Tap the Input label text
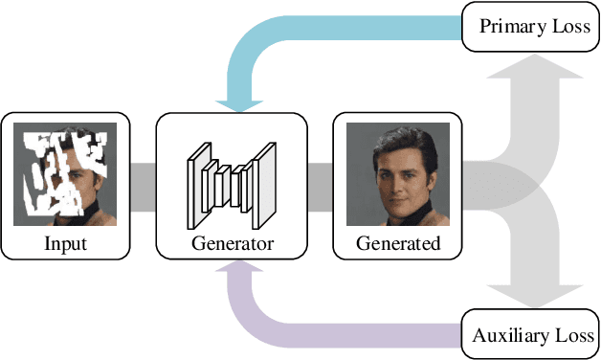[65, 243]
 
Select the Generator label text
[231, 243]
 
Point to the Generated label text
[398, 243]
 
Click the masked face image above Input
[65, 173]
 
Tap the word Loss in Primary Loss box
[568, 27]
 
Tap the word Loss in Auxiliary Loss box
[572, 336]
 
